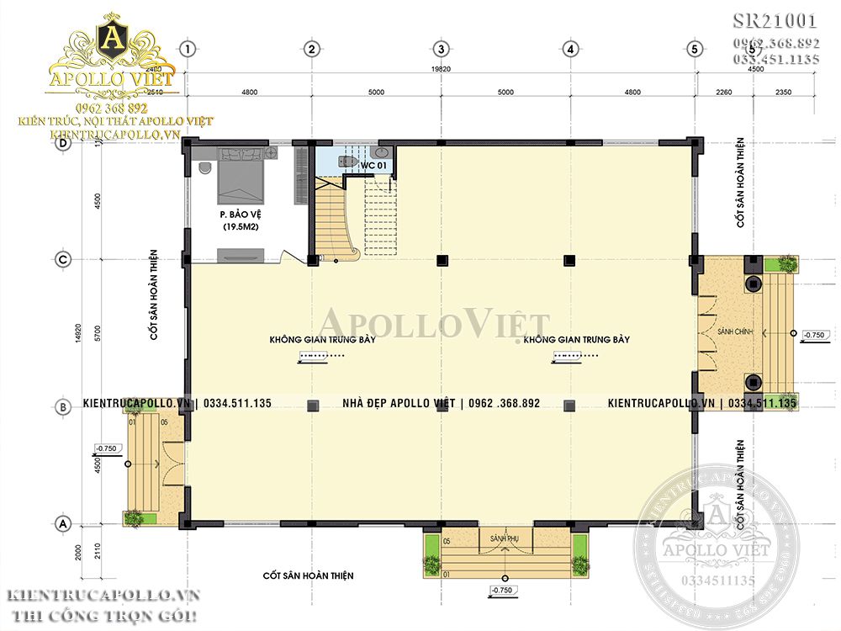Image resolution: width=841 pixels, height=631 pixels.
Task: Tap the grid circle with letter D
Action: tap(61, 144)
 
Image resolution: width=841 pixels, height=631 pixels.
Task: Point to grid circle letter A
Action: tap(61, 523)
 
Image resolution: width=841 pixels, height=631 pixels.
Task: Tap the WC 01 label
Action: tap(373, 166)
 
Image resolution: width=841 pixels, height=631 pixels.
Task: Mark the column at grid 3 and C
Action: tap(440, 259)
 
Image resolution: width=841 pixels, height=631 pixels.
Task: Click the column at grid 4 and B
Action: tap(569, 404)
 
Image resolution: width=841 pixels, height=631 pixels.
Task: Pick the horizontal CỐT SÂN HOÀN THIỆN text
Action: tap(308, 576)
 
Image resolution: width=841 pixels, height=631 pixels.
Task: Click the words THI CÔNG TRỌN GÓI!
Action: tap(101, 617)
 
